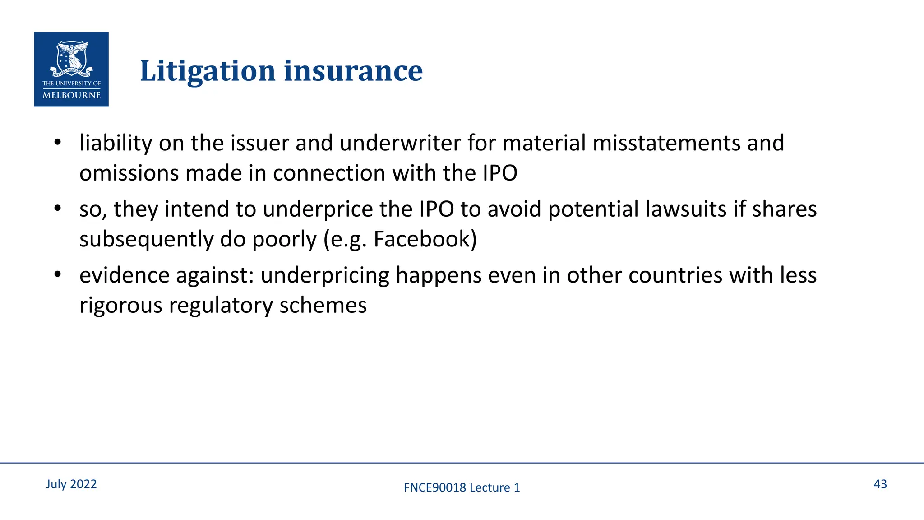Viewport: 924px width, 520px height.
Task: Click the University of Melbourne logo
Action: [71, 69]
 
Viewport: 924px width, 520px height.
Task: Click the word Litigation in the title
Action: [208, 71]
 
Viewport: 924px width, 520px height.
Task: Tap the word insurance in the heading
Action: [353, 71]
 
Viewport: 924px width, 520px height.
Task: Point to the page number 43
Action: [880, 484]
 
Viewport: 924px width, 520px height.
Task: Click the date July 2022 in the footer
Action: [71, 484]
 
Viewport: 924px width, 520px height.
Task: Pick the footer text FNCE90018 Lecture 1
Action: [462, 487]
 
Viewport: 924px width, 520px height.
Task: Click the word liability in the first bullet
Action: [116, 143]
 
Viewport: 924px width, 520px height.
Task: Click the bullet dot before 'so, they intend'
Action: [57, 209]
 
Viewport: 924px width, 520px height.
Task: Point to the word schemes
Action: [323, 306]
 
